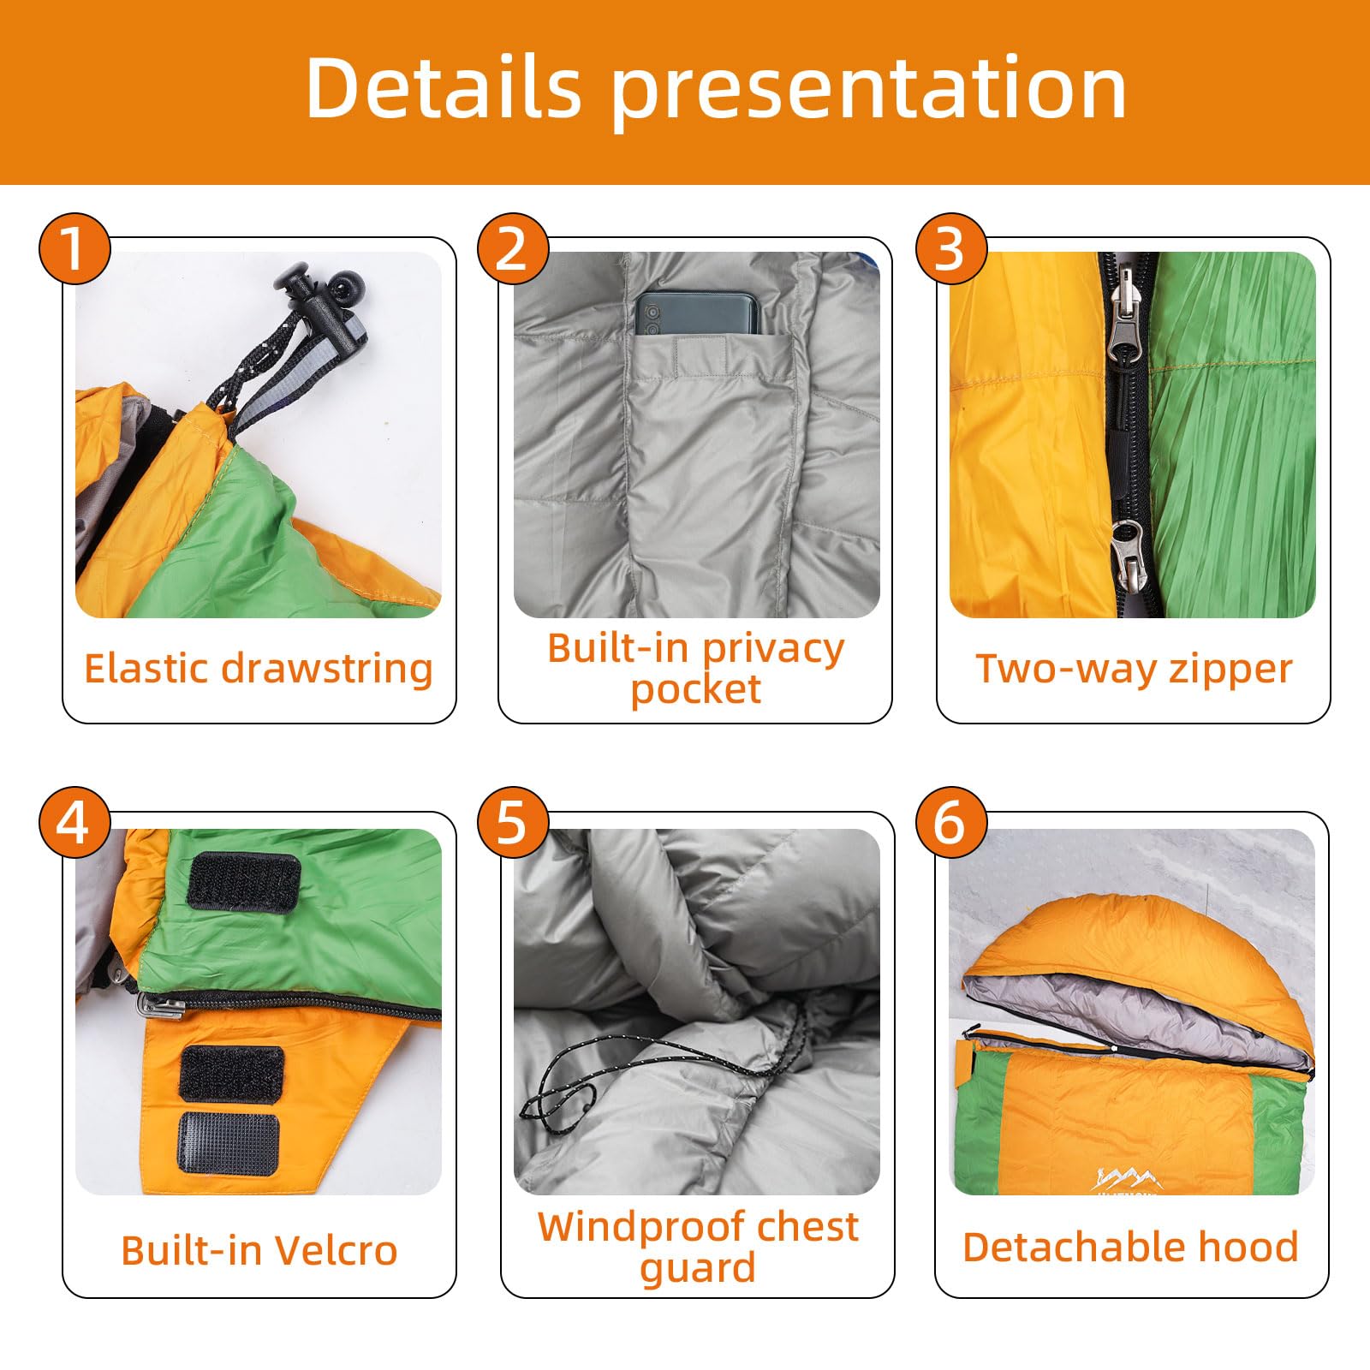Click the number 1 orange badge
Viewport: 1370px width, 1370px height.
[x=74, y=249]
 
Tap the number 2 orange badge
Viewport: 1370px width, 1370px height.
[x=512, y=249]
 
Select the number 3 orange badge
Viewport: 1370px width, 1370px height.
[x=950, y=249]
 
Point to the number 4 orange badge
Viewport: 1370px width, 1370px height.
[x=74, y=823]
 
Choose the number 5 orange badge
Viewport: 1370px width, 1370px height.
[x=512, y=823]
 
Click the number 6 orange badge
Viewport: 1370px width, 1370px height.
[x=950, y=823]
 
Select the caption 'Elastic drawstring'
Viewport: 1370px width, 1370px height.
[x=259, y=669]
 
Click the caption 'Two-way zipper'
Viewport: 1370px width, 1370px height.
[x=1134, y=669]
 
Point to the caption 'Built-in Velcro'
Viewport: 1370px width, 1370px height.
[x=259, y=1250]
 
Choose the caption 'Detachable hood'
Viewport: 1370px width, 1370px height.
[x=1130, y=1247]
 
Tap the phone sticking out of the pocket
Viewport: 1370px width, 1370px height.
[x=697, y=313]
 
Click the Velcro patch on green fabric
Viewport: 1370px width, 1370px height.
[x=244, y=882]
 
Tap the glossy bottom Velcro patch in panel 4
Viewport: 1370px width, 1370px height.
[x=229, y=1143]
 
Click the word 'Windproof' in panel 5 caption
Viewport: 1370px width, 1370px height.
[x=628, y=1227]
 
